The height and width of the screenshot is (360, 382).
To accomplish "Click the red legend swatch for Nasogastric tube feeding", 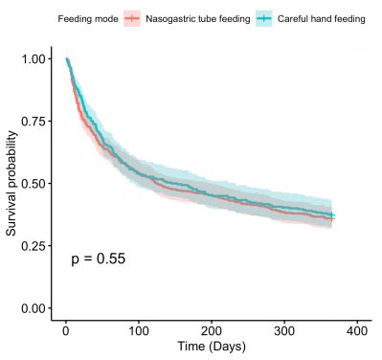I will pos(132,19).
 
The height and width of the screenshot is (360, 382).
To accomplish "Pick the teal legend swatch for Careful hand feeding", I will pos(264,19).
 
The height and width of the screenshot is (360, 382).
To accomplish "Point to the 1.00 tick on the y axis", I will pos(33,58).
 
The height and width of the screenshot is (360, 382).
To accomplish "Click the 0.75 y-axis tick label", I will pos(33,121).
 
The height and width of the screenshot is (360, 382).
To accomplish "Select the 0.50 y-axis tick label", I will pos(33,183).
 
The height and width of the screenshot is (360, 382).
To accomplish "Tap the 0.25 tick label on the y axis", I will pos(33,245).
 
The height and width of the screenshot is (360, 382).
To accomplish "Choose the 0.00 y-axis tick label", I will pos(33,307).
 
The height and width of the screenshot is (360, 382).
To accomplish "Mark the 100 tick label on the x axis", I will pos(138,330).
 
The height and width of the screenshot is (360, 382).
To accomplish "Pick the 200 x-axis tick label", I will pos(212,330).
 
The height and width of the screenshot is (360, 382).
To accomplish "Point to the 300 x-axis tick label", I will pos(284,330).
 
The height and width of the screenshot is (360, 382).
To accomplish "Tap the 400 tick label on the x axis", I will pos(357,330).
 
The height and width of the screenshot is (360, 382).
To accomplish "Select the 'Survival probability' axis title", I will pos(11,183).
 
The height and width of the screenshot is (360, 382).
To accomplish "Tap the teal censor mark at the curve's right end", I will pos(332,214).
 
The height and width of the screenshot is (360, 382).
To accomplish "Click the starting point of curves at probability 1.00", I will pos(66,59).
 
